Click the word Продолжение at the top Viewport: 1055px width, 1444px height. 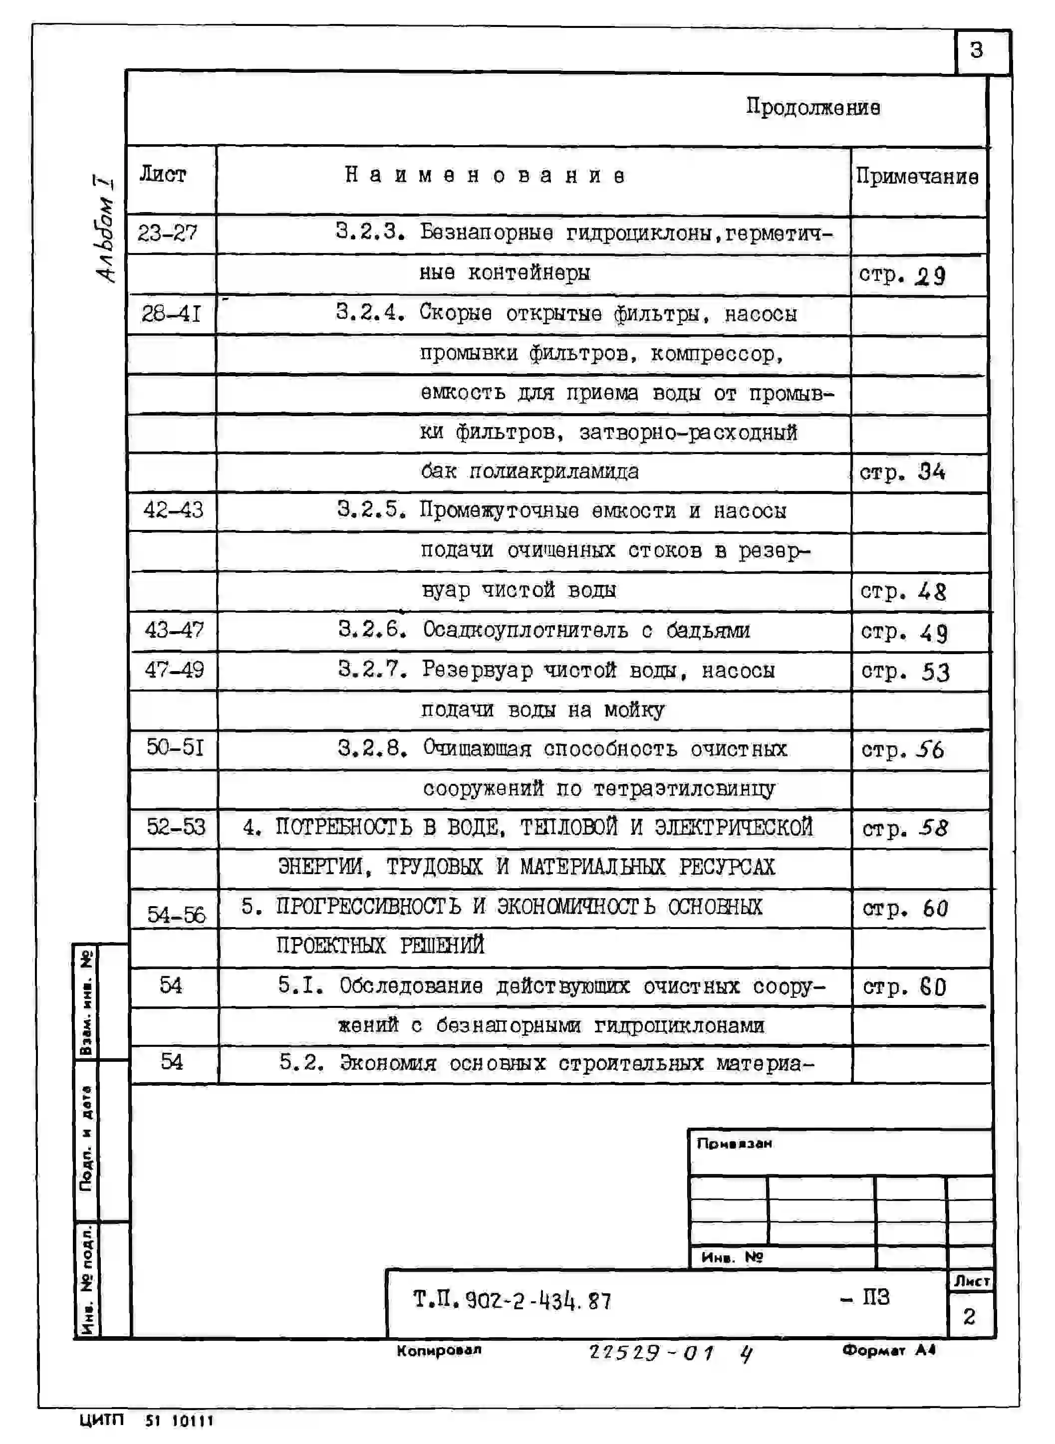pos(812,107)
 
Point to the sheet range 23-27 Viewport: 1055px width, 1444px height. pos(167,233)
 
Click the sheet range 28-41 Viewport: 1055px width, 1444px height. pos(171,313)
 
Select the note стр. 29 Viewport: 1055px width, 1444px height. pos(901,275)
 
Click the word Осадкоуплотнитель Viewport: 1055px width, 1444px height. pos(525,630)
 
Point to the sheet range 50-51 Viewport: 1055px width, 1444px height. pos(175,747)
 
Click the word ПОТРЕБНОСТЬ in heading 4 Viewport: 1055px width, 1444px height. pos(343,827)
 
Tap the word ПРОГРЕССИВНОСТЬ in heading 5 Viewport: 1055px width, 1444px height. pos(368,907)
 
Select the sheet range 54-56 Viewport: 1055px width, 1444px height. pos(176,915)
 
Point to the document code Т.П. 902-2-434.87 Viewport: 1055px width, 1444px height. pos(512,1300)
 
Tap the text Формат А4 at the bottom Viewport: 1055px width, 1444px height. pos(888,1350)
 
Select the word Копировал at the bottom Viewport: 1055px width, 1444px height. pos(439,1350)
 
